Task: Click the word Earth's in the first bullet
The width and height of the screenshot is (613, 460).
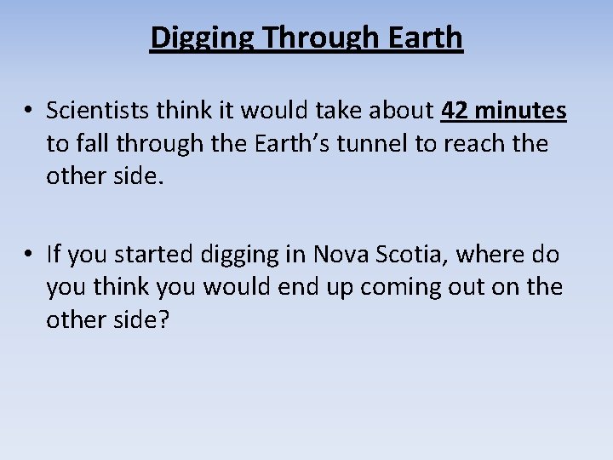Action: (284, 143)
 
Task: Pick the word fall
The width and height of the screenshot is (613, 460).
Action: (91, 143)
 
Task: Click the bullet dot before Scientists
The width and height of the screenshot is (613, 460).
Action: (28, 112)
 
